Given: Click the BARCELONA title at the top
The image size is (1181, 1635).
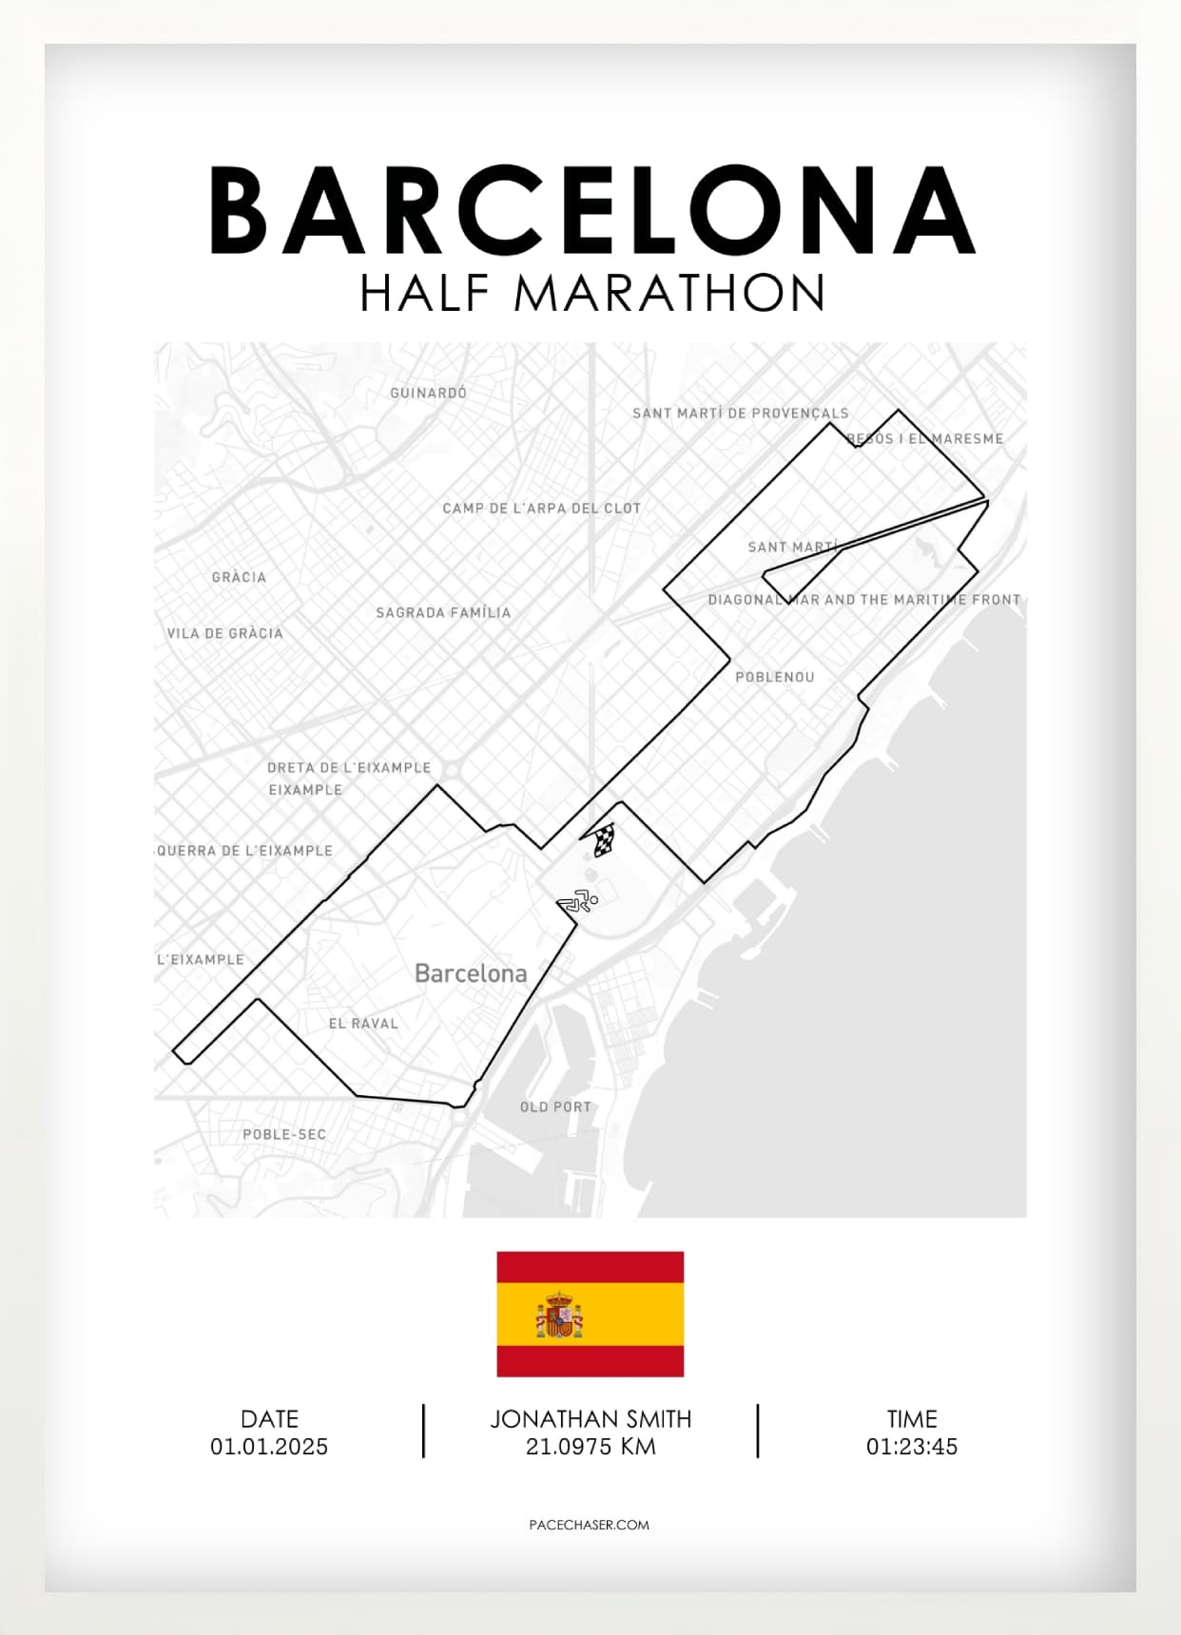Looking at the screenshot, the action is pos(591,211).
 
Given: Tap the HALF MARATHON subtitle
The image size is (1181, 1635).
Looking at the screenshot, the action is pos(591,294).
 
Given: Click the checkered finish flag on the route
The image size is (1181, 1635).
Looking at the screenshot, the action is pos(602,839).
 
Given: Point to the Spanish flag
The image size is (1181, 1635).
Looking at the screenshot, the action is pos(590,1314).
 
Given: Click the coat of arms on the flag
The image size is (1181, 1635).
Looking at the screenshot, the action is pos(559,1316).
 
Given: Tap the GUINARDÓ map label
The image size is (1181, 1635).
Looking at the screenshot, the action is pos(428,393).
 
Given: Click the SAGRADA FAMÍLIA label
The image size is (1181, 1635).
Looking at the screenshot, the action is pos(443,613).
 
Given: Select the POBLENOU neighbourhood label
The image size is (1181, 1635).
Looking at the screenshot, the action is pos(774,677).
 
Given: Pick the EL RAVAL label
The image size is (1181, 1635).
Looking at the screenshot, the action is pos(363,1024).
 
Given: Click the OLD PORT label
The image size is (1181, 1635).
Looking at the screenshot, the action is pos(555,1107).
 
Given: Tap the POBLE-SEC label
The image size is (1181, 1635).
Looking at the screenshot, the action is pos(284,1134).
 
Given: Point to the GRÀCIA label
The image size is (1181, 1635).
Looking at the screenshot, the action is pos(239,577).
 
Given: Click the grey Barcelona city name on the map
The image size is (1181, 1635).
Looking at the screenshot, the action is pos(471,973).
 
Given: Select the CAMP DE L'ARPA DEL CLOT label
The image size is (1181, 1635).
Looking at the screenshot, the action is pos(541,509).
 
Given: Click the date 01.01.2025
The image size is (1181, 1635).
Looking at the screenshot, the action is pos(269,1447).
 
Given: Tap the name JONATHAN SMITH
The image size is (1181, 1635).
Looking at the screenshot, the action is pos(590,1419).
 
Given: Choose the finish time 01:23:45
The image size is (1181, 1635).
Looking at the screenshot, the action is pos(911,1447).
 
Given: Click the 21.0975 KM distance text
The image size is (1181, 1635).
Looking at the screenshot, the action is pos(590,1447).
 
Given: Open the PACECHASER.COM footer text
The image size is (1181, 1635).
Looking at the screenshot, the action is pos(589,1525).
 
